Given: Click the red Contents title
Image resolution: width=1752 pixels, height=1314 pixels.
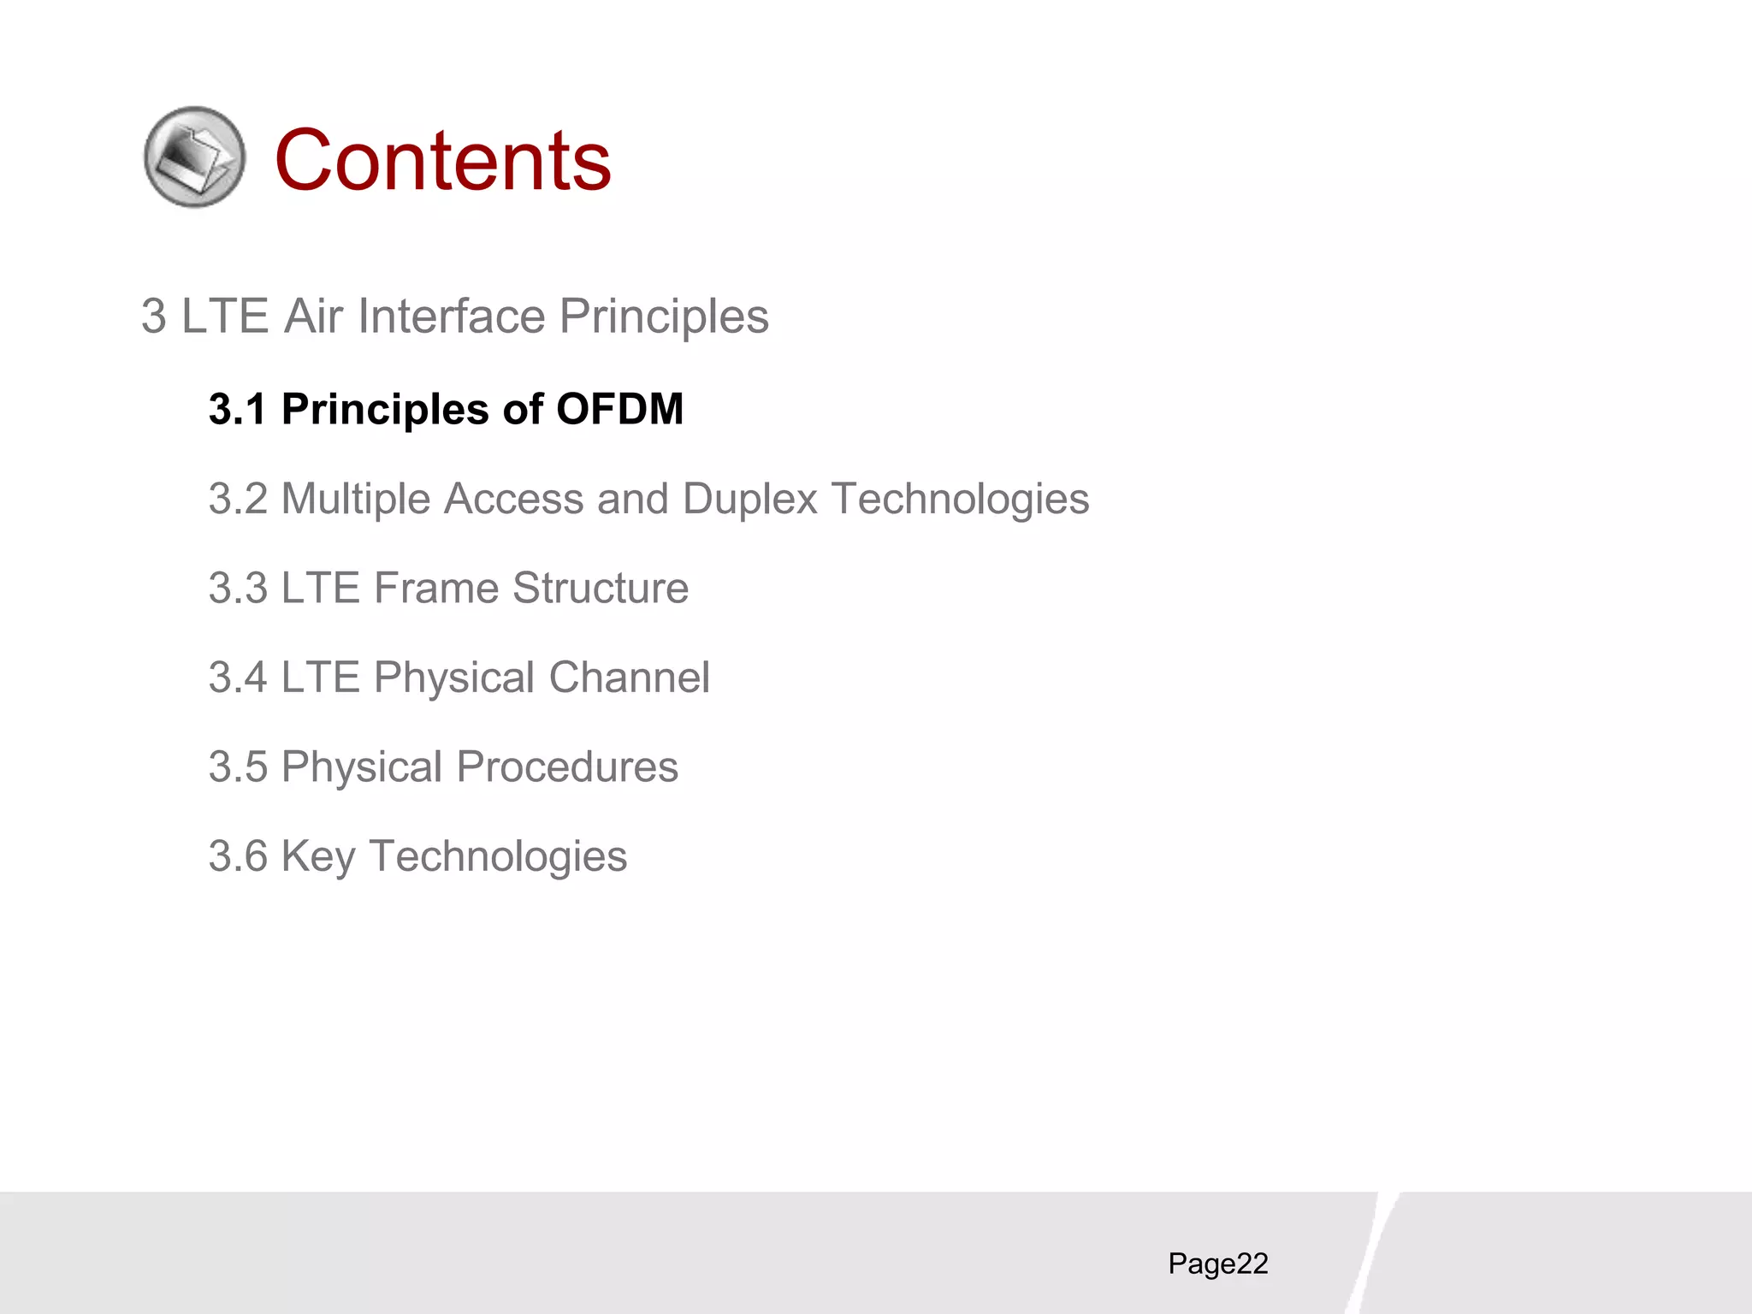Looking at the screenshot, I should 442,160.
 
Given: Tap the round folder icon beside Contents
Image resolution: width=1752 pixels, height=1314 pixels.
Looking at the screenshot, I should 194,157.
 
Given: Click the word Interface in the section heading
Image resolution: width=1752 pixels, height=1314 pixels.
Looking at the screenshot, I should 451,317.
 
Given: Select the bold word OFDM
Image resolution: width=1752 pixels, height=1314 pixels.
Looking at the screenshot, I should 619,409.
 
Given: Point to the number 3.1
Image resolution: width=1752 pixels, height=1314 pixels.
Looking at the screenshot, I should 238,409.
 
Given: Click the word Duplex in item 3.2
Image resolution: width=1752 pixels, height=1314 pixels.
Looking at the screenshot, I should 750,499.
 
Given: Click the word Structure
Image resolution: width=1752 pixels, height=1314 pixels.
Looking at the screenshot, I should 601,589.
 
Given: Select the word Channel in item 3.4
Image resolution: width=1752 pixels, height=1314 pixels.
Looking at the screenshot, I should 629,678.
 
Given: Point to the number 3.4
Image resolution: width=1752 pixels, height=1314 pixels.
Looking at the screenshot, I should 238,678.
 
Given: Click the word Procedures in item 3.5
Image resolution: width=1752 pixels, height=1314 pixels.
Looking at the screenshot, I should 566,767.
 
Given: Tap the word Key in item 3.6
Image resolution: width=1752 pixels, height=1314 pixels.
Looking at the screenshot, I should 317,856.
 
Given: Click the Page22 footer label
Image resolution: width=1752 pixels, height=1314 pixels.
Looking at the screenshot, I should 1217,1264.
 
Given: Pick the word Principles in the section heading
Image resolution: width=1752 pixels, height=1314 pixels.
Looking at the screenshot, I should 664,317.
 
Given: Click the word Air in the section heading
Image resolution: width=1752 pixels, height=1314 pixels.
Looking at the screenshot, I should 313,317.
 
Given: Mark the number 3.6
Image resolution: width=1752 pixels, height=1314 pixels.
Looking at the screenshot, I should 238,856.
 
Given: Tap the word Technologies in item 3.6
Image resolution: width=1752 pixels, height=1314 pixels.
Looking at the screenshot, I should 498,856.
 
